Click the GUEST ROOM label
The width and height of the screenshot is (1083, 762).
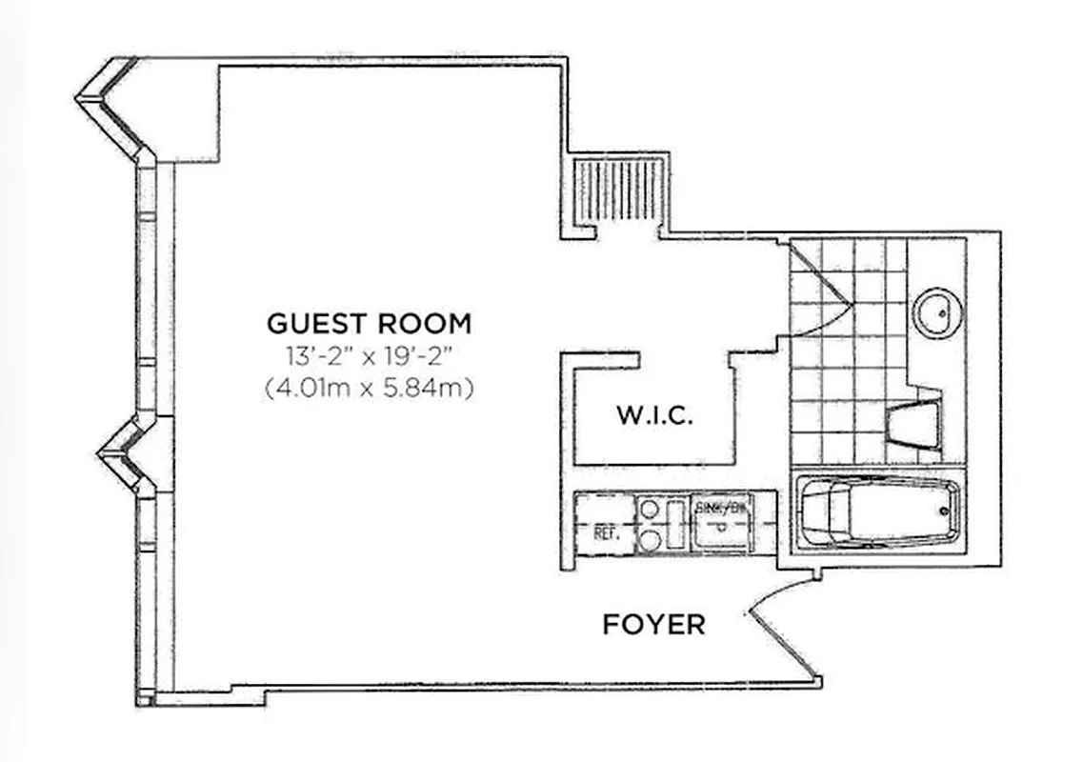[x=369, y=324]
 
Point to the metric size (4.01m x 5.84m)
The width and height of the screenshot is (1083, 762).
[x=369, y=389]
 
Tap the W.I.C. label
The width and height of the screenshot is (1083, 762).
[x=654, y=416]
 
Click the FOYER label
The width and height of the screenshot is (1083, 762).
[x=653, y=625]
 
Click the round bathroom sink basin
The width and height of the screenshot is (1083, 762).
[x=937, y=311]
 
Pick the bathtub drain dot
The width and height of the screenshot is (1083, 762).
[x=946, y=511]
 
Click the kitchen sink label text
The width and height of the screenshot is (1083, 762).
[x=721, y=508]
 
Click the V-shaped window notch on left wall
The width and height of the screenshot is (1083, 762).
[x=121, y=455]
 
